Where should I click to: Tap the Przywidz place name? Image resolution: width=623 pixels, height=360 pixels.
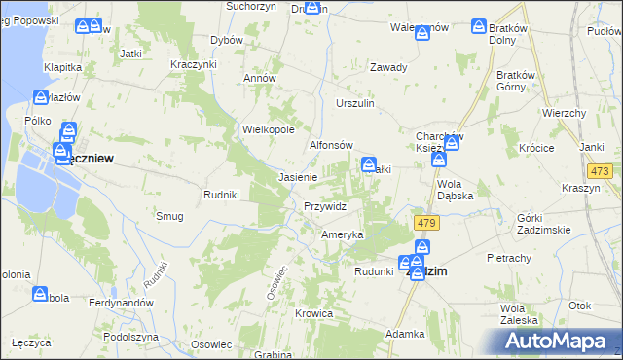tap(325, 206)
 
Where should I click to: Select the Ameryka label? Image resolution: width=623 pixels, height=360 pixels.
tap(343, 234)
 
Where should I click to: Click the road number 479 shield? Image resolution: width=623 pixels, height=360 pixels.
tap(425, 223)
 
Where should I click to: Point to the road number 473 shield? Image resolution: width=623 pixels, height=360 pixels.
tap(601, 171)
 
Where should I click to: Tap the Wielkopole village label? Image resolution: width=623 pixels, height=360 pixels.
tap(268, 128)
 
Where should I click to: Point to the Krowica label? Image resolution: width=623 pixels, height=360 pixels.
tap(315, 313)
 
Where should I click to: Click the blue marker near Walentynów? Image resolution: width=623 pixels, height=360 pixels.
tap(422, 34)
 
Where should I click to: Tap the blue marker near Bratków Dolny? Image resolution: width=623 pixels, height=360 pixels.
tap(479, 28)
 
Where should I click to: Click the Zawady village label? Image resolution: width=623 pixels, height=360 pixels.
tap(387, 67)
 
